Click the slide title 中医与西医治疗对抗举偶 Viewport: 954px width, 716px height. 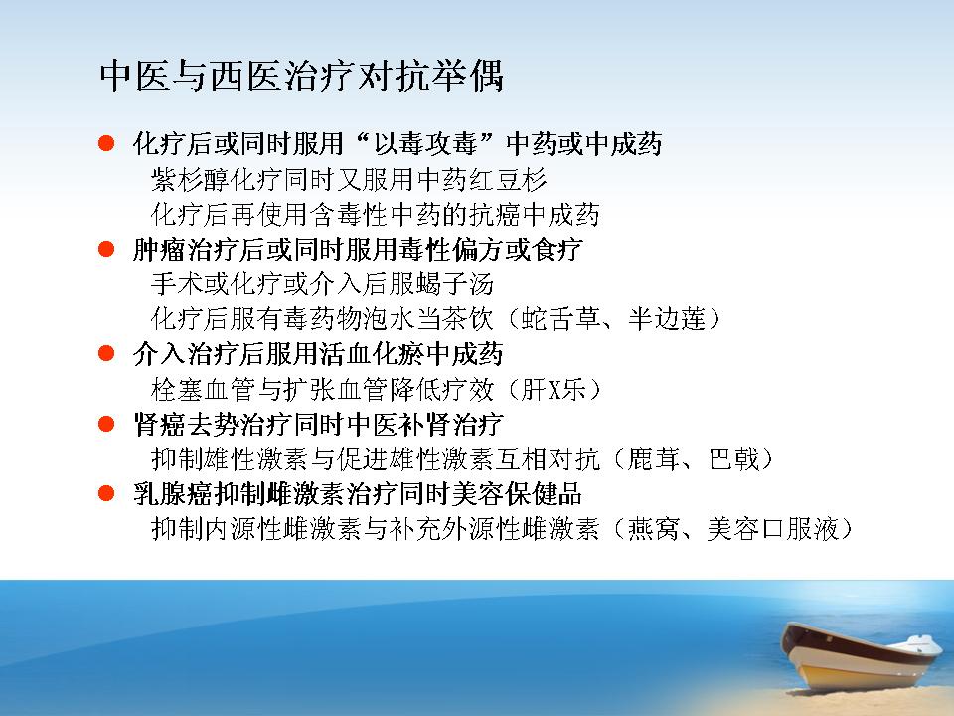coord(302,77)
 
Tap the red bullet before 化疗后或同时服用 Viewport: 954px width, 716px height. coord(106,143)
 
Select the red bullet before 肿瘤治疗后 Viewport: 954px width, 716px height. coord(106,249)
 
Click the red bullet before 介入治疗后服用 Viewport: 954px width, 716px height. coord(106,353)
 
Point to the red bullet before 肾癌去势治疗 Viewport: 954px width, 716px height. coord(106,424)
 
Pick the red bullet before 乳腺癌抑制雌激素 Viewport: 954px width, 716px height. coord(106,493)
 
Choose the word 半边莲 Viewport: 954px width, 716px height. coord(667,319)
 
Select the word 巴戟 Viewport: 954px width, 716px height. coord(733,459)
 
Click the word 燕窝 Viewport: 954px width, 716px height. coord(654,529)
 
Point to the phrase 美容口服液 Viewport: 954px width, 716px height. coord(773,529)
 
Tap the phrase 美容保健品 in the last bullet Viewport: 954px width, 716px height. coord(517,494)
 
